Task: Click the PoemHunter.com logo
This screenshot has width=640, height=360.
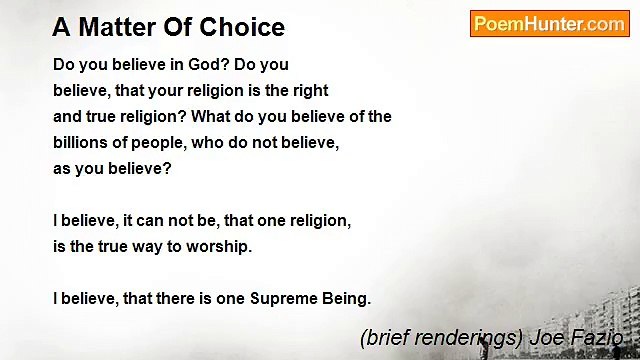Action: (549, 24)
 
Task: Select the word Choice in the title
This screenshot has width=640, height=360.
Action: (244, 28)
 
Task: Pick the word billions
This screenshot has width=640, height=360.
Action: (84, 142)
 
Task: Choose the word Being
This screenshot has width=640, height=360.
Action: (346, 298)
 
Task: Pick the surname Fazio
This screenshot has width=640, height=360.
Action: (600, 338)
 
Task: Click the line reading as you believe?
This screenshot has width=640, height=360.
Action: (112, 168)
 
